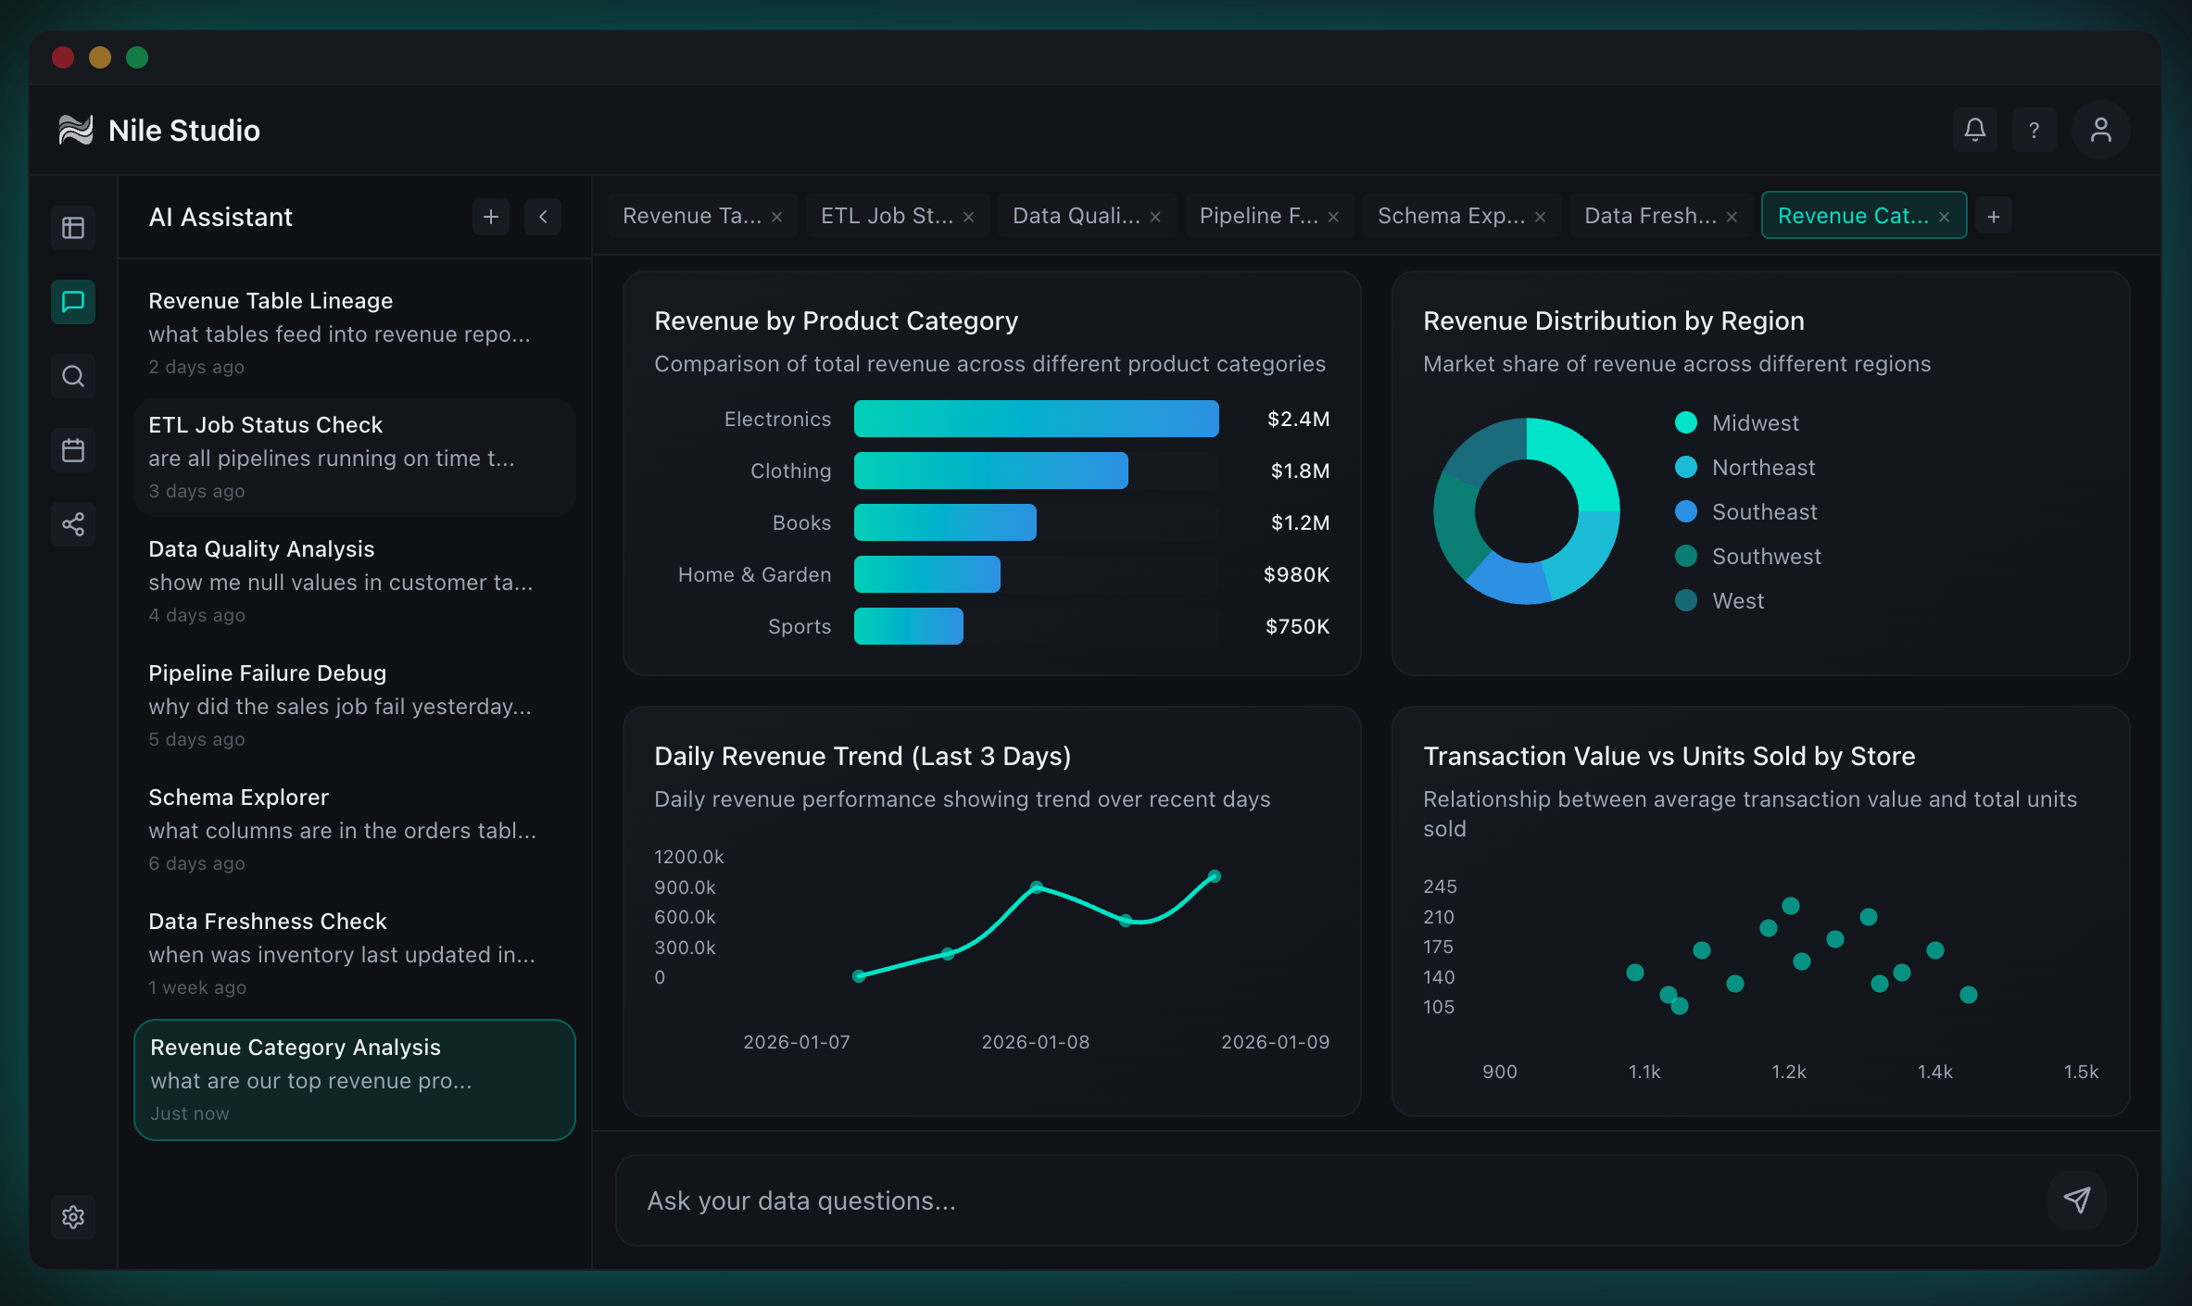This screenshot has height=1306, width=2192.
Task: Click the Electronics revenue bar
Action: click(x=1036, y=419)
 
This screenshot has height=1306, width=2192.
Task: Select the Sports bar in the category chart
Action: click(x=908, y=626)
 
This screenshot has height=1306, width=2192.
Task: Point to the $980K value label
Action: click(x=1296, y=574)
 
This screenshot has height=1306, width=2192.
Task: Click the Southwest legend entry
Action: click(x=1766, y=556)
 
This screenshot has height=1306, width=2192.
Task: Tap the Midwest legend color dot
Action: click(x=1686, y=422)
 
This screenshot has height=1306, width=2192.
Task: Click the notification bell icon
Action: click(x=1974, y=130)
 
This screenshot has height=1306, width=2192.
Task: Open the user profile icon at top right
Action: click(x=2100, y=130)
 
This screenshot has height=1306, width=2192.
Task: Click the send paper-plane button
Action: click(x=2076, y=1199)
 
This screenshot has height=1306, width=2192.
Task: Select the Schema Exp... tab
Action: click(x=1451, y=216)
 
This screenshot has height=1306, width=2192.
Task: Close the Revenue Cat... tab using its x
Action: click(x=1945, y=217)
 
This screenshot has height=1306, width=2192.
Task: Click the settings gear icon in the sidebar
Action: click(x=73, y=1216)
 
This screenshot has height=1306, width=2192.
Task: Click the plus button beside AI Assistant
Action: click(x=491, y=217)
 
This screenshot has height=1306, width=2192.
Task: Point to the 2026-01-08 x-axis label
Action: click(x=1035, y=1042)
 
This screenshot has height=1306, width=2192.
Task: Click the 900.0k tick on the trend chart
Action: click(x=685, y=887)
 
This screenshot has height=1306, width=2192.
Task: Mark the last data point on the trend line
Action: click(x=1215, y=876)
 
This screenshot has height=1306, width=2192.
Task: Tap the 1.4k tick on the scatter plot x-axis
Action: click(x=1934, y=1072)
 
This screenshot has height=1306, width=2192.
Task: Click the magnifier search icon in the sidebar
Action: click(x=73, y=376)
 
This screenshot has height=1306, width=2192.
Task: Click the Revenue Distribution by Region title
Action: click(x=1613, y=320)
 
